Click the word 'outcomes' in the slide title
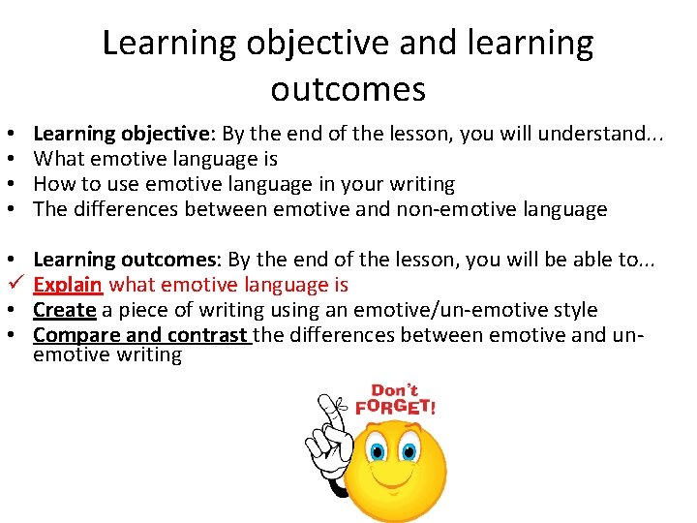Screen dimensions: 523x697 point(348,89)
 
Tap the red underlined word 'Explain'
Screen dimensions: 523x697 point(68,285)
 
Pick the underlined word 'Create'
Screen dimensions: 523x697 point(64,310)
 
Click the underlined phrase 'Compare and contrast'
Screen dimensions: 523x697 point(140,335)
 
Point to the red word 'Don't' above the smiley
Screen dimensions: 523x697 point(394,389)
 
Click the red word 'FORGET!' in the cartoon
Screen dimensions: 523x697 point(396,407)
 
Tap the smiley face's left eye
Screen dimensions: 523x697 point(377,449)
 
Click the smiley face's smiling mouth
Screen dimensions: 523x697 point(394,484)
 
